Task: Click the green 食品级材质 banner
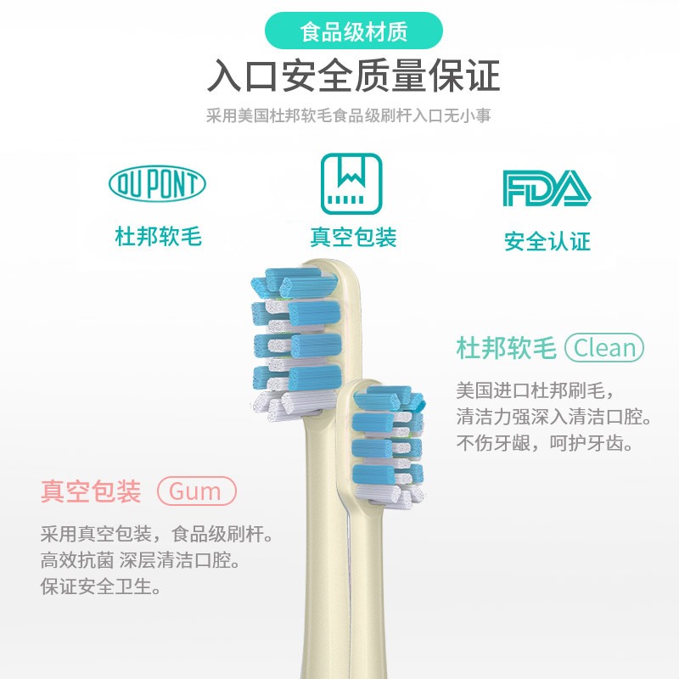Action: (354, 32)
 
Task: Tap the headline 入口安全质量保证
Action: (354, 77)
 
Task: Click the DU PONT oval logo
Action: (158, 183)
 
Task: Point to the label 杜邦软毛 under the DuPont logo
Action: (158, 236)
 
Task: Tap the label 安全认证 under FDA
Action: (547, 241)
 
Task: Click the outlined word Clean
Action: (604, 348)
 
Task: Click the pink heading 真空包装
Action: (91, 491)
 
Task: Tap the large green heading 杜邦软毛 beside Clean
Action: (506, 348)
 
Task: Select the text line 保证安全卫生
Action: (101, 586)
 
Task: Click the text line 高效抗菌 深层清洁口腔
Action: (139, 561)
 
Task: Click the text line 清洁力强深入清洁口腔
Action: (553, 418)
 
